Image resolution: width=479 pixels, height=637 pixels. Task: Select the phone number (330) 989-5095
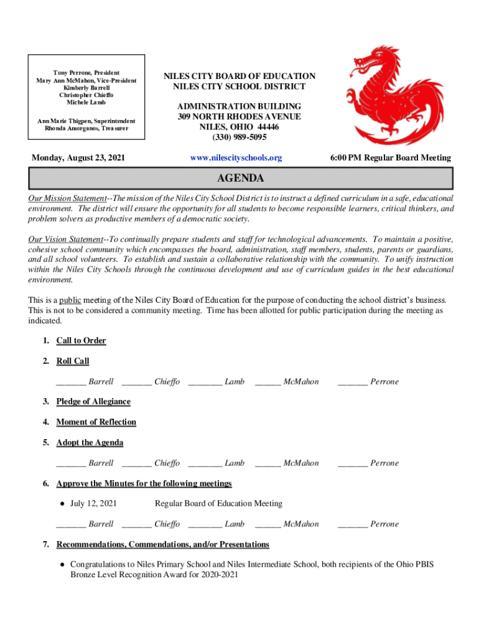pos(240,137)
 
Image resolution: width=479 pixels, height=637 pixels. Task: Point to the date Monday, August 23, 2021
pos(78,158)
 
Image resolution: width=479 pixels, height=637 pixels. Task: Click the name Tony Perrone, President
pos(86,73)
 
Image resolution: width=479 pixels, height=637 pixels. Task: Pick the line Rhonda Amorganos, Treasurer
pos(86,128)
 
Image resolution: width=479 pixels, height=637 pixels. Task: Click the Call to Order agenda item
pos(81,341)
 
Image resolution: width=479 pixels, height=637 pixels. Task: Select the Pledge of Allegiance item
pos(93,402)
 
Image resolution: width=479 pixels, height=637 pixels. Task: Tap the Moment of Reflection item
pos(96,422)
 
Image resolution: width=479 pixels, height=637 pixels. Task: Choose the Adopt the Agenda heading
pos(90,443)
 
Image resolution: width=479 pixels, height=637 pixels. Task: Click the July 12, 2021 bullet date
pos(93,503)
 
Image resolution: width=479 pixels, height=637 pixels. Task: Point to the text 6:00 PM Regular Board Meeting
pos(391,158)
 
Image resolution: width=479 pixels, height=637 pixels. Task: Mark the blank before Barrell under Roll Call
pos(70,382)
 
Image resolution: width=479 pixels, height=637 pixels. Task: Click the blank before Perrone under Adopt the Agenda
pos(352,463)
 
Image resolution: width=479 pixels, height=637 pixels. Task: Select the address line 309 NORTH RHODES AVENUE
pos(240,116)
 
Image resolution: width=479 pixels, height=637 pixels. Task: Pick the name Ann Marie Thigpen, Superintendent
pos(86,121)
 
